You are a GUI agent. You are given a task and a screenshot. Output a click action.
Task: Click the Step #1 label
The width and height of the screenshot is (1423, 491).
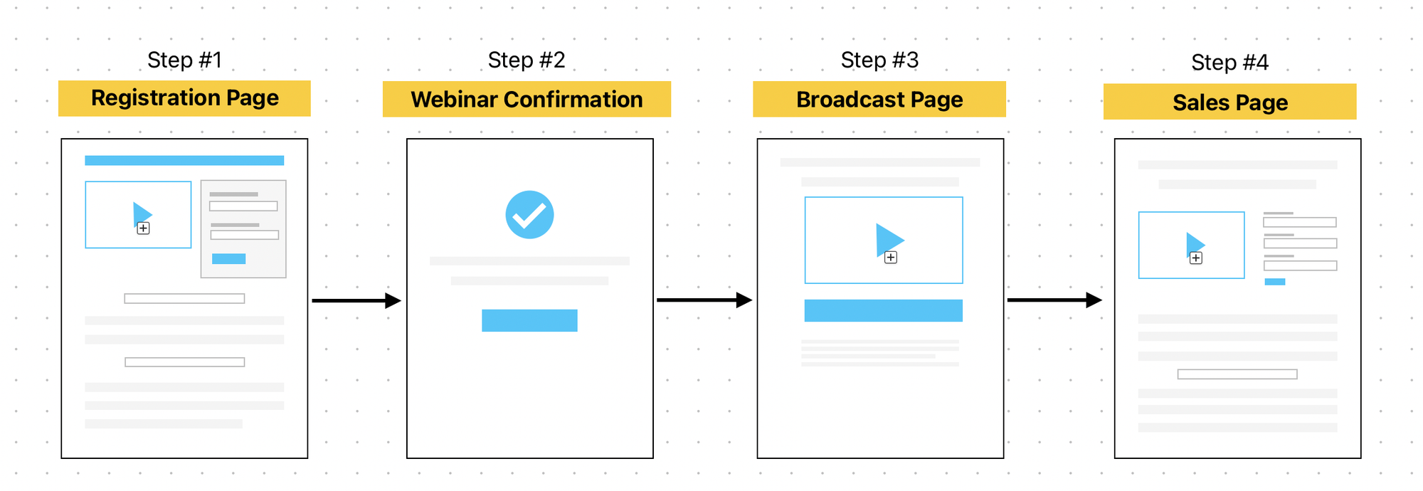(184, 60)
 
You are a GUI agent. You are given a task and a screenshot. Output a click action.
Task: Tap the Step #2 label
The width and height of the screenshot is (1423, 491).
(527, 60)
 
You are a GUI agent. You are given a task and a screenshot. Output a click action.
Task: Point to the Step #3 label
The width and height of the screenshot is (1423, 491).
(879, 60)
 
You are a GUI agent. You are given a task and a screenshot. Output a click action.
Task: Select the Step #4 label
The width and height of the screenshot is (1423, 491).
(1229, 63)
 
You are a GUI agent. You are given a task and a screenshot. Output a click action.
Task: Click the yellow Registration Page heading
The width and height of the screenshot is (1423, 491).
(184, 98)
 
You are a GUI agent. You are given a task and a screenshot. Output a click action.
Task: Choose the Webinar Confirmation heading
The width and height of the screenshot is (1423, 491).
(527, 99)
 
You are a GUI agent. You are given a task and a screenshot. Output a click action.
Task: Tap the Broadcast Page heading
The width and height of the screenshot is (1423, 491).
(879, 99)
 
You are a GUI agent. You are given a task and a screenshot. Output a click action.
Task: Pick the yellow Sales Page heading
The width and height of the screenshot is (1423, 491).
(1230, 102)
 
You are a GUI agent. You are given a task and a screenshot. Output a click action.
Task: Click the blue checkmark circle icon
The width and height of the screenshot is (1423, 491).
(529, 214)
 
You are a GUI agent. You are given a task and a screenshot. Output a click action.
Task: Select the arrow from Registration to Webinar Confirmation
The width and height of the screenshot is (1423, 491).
(356, 300)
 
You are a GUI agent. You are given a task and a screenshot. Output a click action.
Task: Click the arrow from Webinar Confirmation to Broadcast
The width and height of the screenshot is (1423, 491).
(704, 300)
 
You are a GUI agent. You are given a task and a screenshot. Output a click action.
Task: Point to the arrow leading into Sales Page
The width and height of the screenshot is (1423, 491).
(1054, 300)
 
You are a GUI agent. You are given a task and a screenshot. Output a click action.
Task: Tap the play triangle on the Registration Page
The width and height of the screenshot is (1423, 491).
(141, 214)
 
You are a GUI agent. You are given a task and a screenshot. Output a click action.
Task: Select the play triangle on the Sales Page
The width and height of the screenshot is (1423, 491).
(1194, 244)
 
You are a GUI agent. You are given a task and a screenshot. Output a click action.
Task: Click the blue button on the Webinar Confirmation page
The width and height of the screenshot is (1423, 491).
(529, 320)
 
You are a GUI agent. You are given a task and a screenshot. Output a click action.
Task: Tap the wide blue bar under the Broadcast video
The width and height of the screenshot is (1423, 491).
(884, 310)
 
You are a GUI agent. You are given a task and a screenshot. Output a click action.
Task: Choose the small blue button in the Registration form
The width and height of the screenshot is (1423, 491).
(228, 258)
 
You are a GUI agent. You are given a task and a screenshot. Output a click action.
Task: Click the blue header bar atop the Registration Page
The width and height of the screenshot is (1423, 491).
(184, 160)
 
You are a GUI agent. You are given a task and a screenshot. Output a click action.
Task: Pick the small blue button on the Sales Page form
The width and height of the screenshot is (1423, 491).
(1275, 282)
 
